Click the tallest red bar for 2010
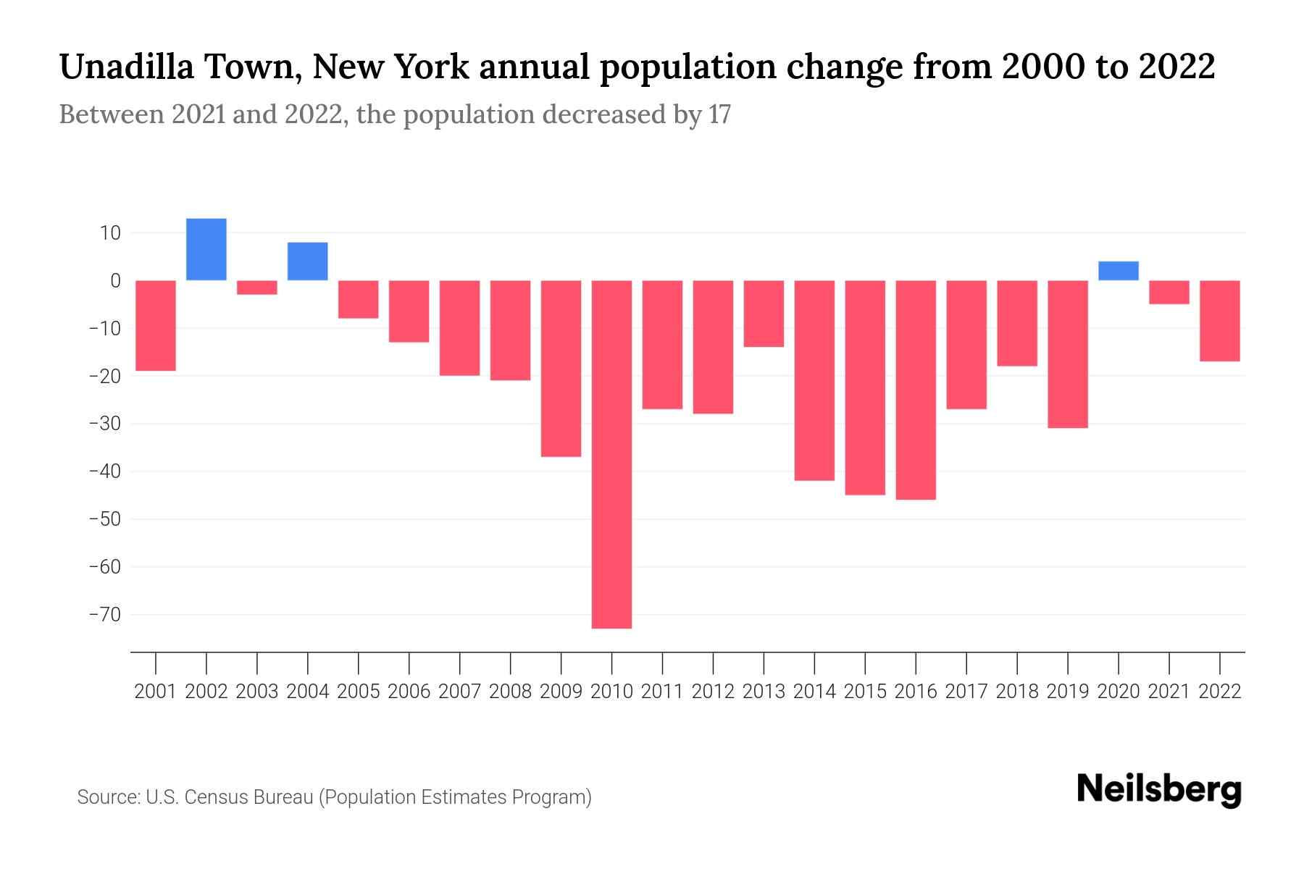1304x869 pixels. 611,454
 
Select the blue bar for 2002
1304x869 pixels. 206,249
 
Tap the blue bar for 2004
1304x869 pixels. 308,261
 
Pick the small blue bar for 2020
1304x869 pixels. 1118,271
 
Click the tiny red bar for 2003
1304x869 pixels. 257,287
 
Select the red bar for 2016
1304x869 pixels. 916,390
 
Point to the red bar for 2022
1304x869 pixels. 1219,321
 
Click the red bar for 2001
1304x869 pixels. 156,325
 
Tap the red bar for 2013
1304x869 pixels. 764,314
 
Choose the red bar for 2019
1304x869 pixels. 1067,354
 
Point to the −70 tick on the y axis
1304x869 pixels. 104,615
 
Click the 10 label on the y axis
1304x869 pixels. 111,233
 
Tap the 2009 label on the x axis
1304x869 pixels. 561,692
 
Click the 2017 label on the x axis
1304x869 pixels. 966,692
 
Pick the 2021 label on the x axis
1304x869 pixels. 1169,692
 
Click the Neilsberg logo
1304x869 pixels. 1159,789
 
